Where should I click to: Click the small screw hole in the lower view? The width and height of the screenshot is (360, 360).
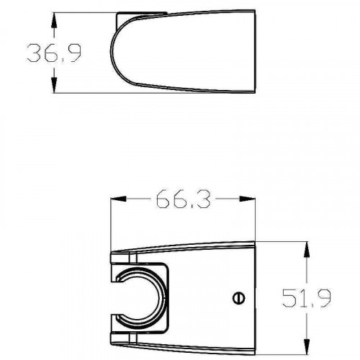pos(238,297)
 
